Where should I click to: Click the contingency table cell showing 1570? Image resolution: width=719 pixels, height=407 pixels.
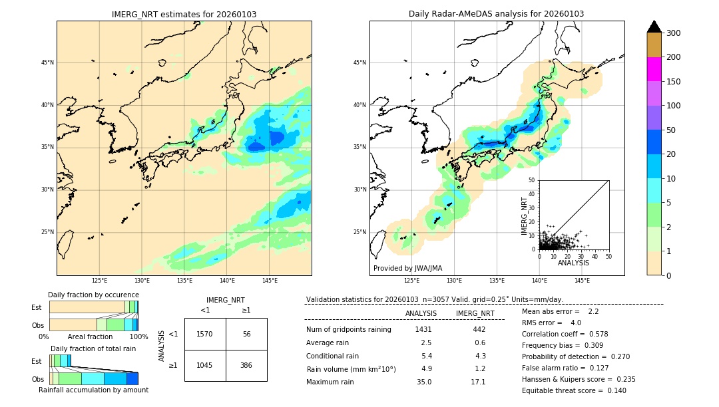coord(205,334)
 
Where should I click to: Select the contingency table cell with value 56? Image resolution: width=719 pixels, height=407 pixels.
coord(246,334)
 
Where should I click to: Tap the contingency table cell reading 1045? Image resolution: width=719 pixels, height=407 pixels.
coord(205,366)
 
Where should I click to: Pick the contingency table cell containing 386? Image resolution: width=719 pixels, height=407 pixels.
coord(246,366)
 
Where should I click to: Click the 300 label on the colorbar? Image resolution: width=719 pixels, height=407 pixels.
coord(674,33)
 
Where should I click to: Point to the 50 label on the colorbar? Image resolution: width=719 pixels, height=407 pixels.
coord(671,130)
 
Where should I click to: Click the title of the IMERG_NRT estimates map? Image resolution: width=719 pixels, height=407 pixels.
coord(184,14)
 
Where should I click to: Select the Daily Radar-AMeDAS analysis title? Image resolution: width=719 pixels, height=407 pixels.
coord(496,14)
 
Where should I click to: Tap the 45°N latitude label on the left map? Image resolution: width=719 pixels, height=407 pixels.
coord(47,63)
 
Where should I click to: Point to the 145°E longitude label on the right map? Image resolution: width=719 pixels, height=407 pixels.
coord(582,281)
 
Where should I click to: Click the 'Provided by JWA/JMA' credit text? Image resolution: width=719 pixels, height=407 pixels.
coord(407,268)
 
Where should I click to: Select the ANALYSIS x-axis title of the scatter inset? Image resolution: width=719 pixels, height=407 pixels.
coord(573,263)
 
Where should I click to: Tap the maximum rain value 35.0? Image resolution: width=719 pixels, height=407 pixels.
coord(424,382)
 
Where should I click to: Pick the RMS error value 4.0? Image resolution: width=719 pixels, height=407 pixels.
coord(575,323)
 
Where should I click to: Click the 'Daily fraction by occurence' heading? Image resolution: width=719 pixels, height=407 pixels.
coord(93,295)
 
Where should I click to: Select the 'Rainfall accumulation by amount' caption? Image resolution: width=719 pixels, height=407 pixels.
coord(93,390)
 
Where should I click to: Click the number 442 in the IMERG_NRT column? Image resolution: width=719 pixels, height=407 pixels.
coord(479,329)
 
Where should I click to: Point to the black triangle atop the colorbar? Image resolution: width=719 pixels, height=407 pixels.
coord(654,27)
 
